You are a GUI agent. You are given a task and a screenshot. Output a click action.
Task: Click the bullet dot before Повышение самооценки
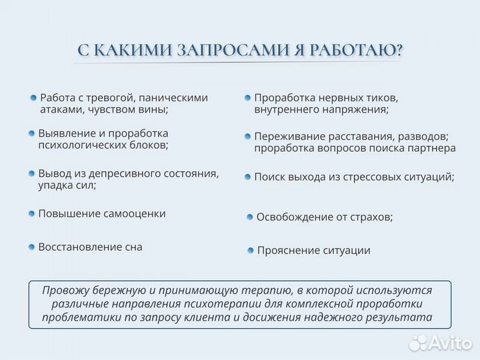click(31, 213)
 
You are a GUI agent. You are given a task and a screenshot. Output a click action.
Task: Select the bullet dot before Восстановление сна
click(31, 247)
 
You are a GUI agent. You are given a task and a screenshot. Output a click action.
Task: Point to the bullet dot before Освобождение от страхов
click(250, 217)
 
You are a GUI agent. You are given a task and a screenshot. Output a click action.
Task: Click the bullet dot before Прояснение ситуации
click(251, 251)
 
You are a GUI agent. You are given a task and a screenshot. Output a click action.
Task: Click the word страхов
click(372, 217)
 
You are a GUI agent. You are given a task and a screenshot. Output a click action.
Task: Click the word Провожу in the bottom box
click(64, 291)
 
